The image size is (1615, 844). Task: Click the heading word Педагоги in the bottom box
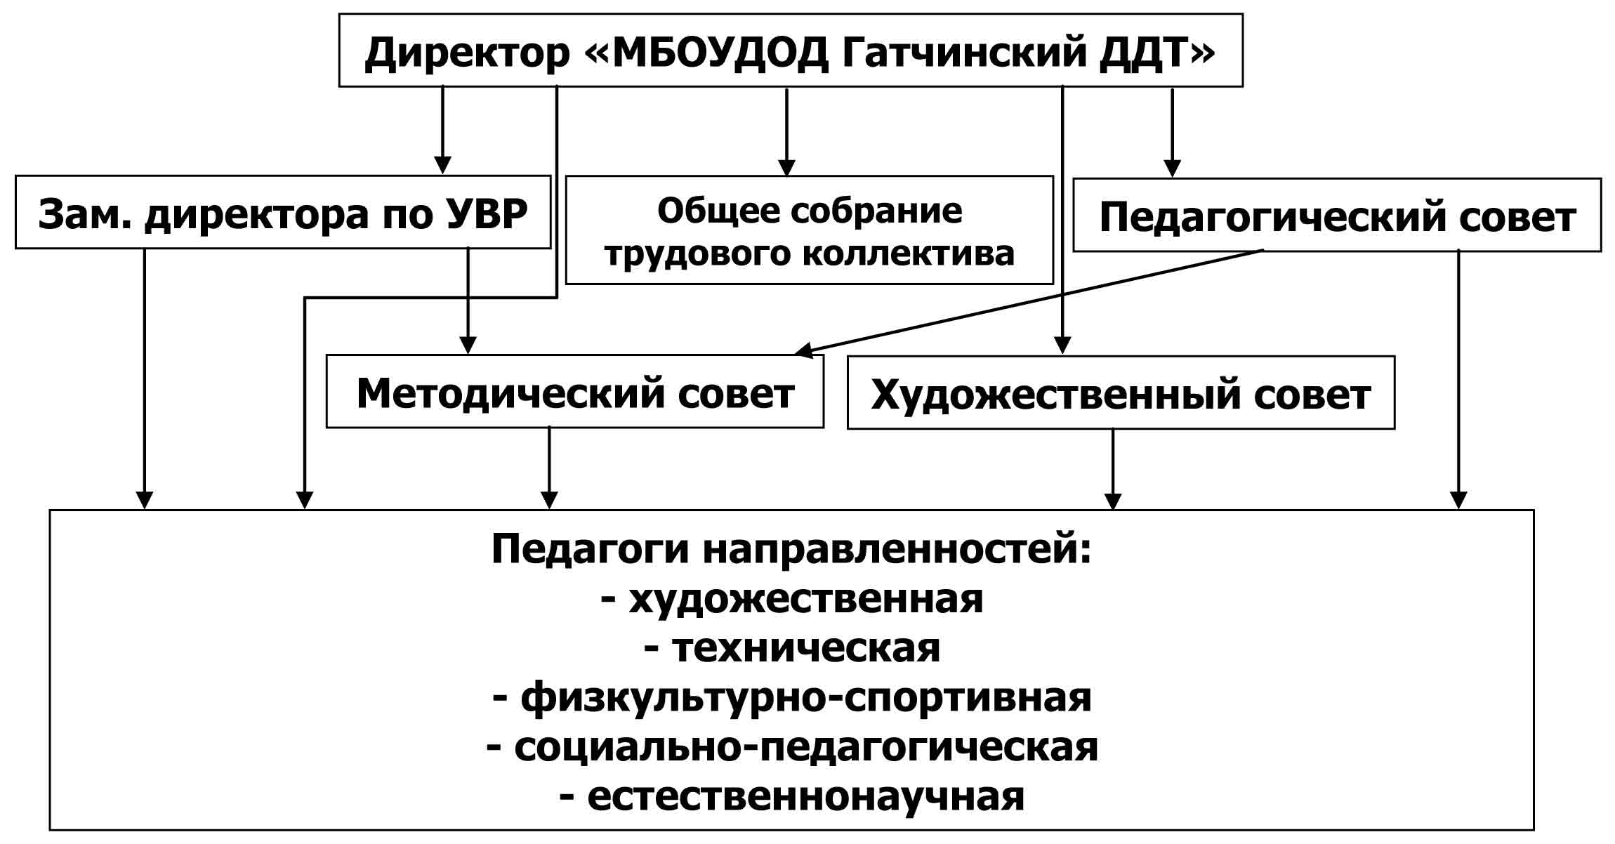[x=591, y=548]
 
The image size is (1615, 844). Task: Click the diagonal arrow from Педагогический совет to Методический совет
[x=1029, y=303]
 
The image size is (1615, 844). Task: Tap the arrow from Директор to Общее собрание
[x=786, y=132]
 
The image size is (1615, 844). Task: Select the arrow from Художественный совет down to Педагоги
[x=1113, y=469]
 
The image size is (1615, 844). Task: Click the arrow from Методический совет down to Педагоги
[x=549, y=468]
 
